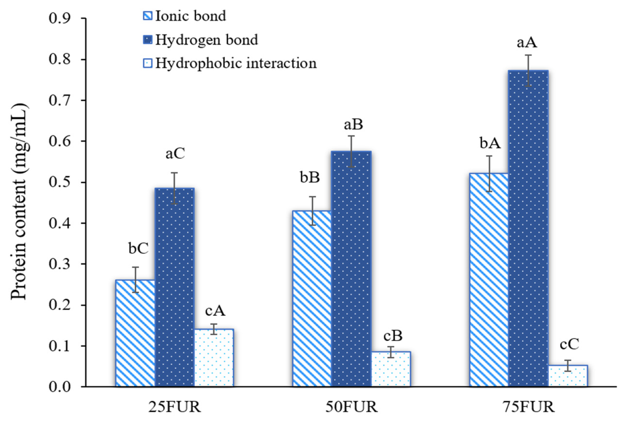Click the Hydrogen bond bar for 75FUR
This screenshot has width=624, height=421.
528,228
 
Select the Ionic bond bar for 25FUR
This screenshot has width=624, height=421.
135,333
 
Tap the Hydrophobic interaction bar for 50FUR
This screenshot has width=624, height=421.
391,369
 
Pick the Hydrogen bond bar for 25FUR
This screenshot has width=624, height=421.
175,287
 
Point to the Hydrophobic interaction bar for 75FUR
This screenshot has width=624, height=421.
568,376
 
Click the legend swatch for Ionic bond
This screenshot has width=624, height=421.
148,16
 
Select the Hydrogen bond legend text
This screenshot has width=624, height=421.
206,40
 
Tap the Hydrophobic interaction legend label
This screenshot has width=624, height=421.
236,63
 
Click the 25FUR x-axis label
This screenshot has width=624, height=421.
174,407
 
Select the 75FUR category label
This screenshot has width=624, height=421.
528,407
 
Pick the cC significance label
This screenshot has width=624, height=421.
569,344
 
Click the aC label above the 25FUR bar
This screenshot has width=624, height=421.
175,154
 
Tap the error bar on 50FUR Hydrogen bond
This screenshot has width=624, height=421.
351,151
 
